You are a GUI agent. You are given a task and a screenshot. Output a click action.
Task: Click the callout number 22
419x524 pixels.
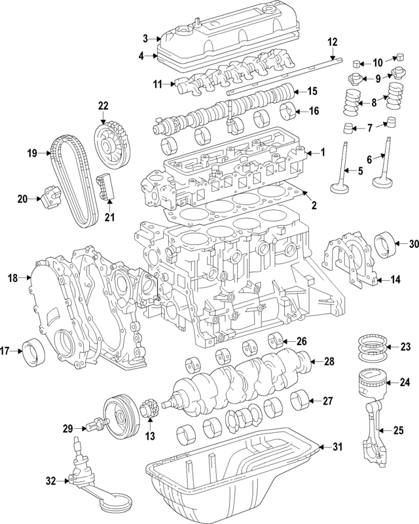103,105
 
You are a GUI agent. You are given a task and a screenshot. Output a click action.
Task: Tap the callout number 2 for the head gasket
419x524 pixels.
314,206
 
